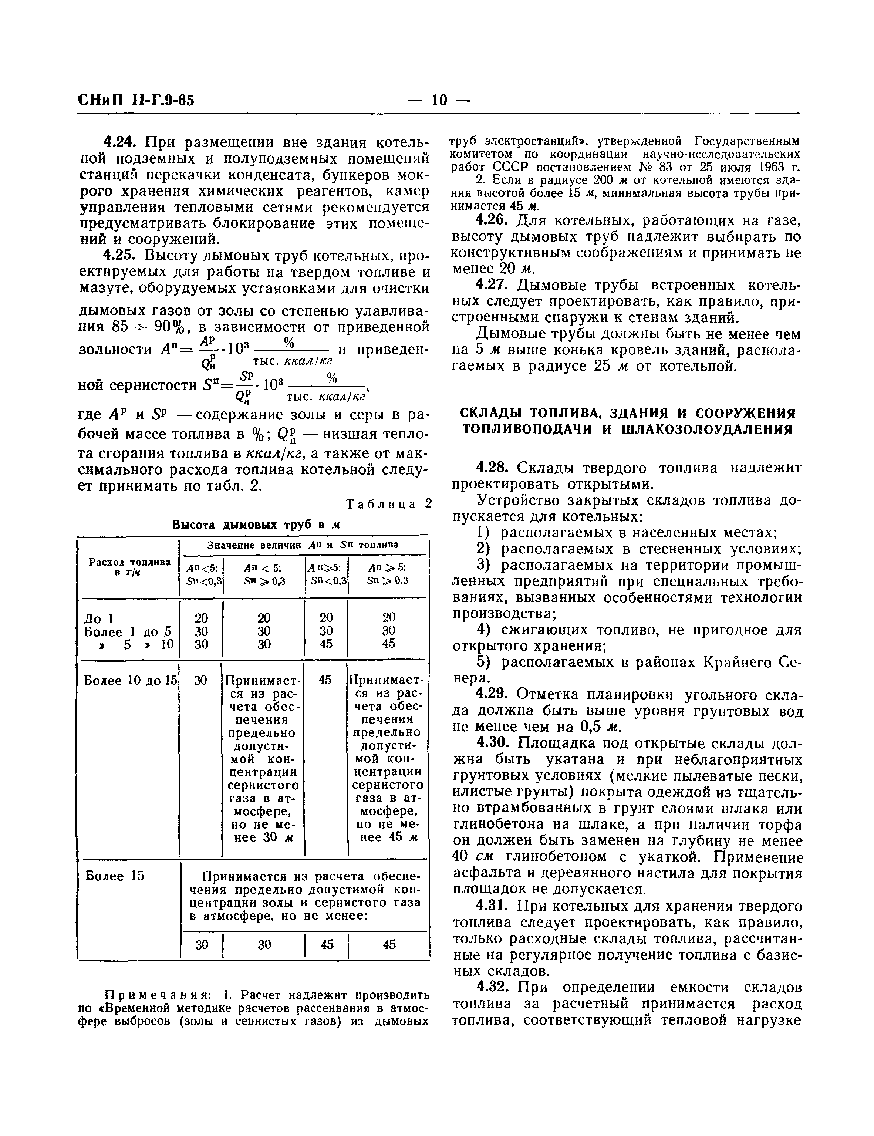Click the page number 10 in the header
click(x=439, y=100)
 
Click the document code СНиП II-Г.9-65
click(x=136, y=100)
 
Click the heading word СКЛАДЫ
click(x=490, y=414)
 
